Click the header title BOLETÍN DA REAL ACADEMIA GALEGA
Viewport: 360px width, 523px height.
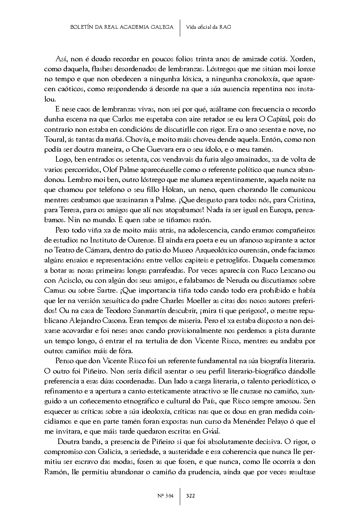click(x=121, y=27)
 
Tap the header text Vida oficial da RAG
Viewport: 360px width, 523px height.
click(x=209, y=27)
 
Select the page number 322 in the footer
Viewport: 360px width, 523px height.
click(x=191, y=496)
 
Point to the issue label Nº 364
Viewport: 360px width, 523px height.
click(x=165, y=496)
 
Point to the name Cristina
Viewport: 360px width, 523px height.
click(x=300, y=200)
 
